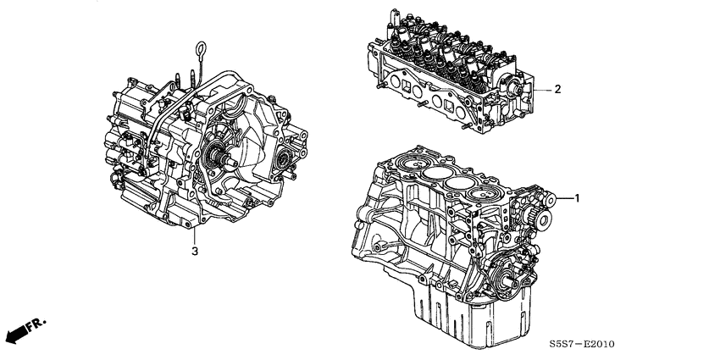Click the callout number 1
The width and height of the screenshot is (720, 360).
click(578, 199)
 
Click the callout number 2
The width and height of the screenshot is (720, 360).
click(558, 88)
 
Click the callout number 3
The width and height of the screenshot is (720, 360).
click(195, 252)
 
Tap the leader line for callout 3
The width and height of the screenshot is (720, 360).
click(195, 235)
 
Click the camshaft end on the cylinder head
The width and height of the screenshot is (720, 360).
click(513, 88)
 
